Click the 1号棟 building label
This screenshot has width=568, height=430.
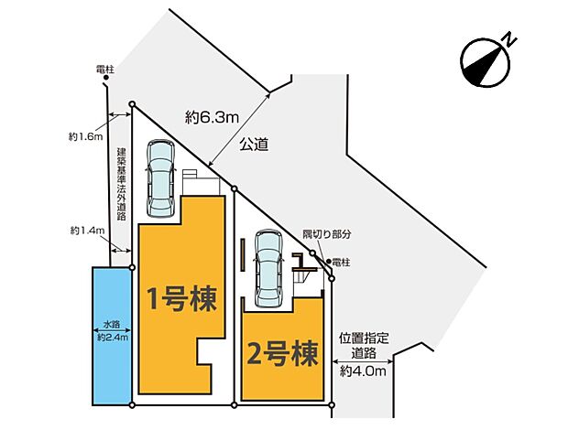(182, 299)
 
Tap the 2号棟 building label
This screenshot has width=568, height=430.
(282, 354)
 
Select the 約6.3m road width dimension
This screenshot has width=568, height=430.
(212, 117)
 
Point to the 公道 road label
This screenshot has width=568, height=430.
(254, 145)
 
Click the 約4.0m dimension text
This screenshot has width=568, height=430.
(363, 371)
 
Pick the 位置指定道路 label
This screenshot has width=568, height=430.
(364, 346)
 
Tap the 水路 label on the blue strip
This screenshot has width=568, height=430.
(112, 324)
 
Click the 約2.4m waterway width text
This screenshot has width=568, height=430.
(113, 338)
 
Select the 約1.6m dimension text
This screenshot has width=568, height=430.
(86, 136)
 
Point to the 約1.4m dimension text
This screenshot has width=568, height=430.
(87, 231)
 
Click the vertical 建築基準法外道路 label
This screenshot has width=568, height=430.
(121, 184)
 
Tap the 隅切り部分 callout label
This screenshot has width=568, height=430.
(327, 234)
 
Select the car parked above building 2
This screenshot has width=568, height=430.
(268, 269)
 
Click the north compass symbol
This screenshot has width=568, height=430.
(486, 62)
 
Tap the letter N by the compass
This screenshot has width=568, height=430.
(510, 39)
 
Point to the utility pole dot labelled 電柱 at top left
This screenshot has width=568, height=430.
(106, 78)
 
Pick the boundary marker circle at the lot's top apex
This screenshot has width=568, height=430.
(132, 104)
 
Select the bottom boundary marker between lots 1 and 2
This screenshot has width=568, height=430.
(234, 405)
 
